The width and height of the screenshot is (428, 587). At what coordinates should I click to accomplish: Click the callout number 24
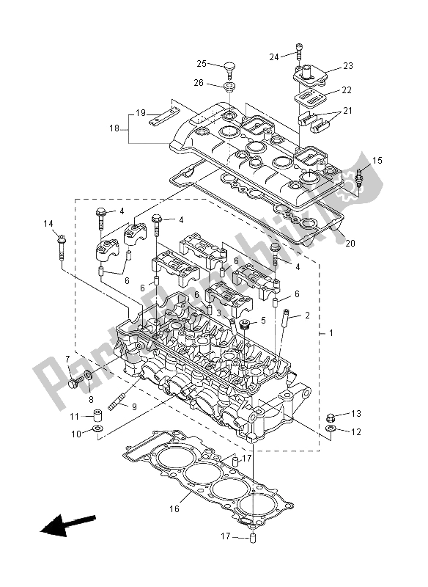[x=274, y=56]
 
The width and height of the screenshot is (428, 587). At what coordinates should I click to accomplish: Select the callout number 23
[x=347, y=66]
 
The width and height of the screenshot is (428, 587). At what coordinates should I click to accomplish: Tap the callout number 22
[x=347, y=90]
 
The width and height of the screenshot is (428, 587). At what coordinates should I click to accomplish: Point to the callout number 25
[x=202, y=64]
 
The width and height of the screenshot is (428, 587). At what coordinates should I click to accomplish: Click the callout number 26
[x=199, y=83]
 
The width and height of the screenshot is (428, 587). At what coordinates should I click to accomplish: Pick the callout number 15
[x=377, y=160]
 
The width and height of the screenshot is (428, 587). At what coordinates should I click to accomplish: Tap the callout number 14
[x=48, y=224]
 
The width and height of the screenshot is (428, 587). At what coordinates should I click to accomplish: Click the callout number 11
[x=75, y=418]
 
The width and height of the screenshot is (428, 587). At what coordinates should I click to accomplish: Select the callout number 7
[x=67, y=360]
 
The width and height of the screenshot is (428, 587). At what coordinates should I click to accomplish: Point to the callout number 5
[x=262, y=321]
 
